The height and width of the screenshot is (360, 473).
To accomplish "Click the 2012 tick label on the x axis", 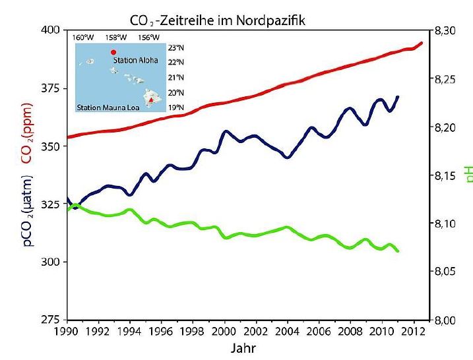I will [x=414, y=332].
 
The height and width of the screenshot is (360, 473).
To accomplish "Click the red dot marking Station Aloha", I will [x=113, y=52].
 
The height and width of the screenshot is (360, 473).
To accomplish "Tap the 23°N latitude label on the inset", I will [x=175, y=47].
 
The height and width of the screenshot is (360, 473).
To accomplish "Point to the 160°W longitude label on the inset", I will [x=82, y=38].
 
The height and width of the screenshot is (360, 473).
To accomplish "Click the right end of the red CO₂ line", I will [x=421, y=44].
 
